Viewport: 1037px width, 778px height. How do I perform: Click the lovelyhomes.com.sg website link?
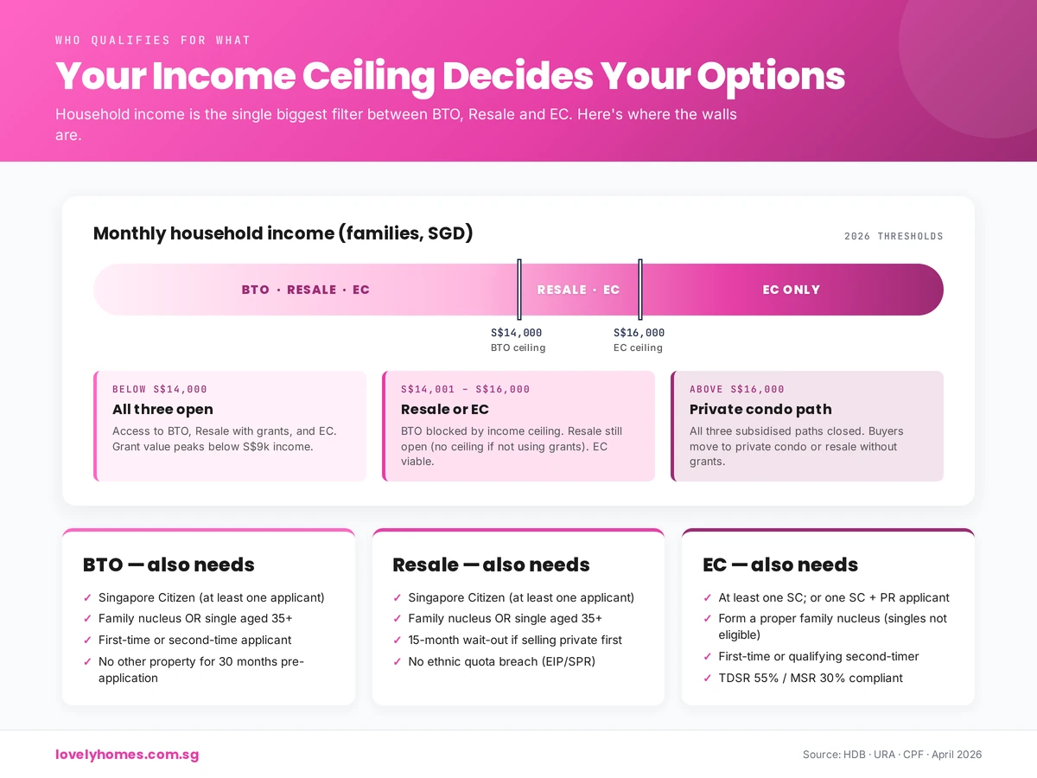click(127, 755)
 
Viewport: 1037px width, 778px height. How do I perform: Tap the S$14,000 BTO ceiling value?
click(516, 333)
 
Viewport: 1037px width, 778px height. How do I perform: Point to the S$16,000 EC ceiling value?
click(639, 333)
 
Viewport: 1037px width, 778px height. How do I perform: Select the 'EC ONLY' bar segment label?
click(791, 290)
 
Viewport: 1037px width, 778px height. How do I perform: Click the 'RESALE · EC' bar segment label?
click(578, 290)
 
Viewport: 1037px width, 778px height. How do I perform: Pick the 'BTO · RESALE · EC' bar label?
click(306, 290)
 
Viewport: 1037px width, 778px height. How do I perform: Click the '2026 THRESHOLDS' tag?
click(894, 236)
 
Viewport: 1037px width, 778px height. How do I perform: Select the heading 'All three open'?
click(162, 409)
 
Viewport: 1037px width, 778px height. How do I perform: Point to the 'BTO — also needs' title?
click(169, 565)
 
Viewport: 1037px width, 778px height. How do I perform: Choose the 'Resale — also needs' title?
click(491, 565)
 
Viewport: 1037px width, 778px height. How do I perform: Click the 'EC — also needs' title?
click(780, 565)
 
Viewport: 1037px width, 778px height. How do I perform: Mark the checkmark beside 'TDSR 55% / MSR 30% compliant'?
click(708, 679)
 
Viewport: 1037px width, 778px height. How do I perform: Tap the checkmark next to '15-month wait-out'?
click(398, 641)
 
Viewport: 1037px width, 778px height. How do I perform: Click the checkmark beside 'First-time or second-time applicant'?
click(87, 641)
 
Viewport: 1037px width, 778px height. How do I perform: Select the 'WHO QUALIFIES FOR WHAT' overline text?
click(153, 41)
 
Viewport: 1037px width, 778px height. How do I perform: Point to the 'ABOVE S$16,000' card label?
click(737, 389)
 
